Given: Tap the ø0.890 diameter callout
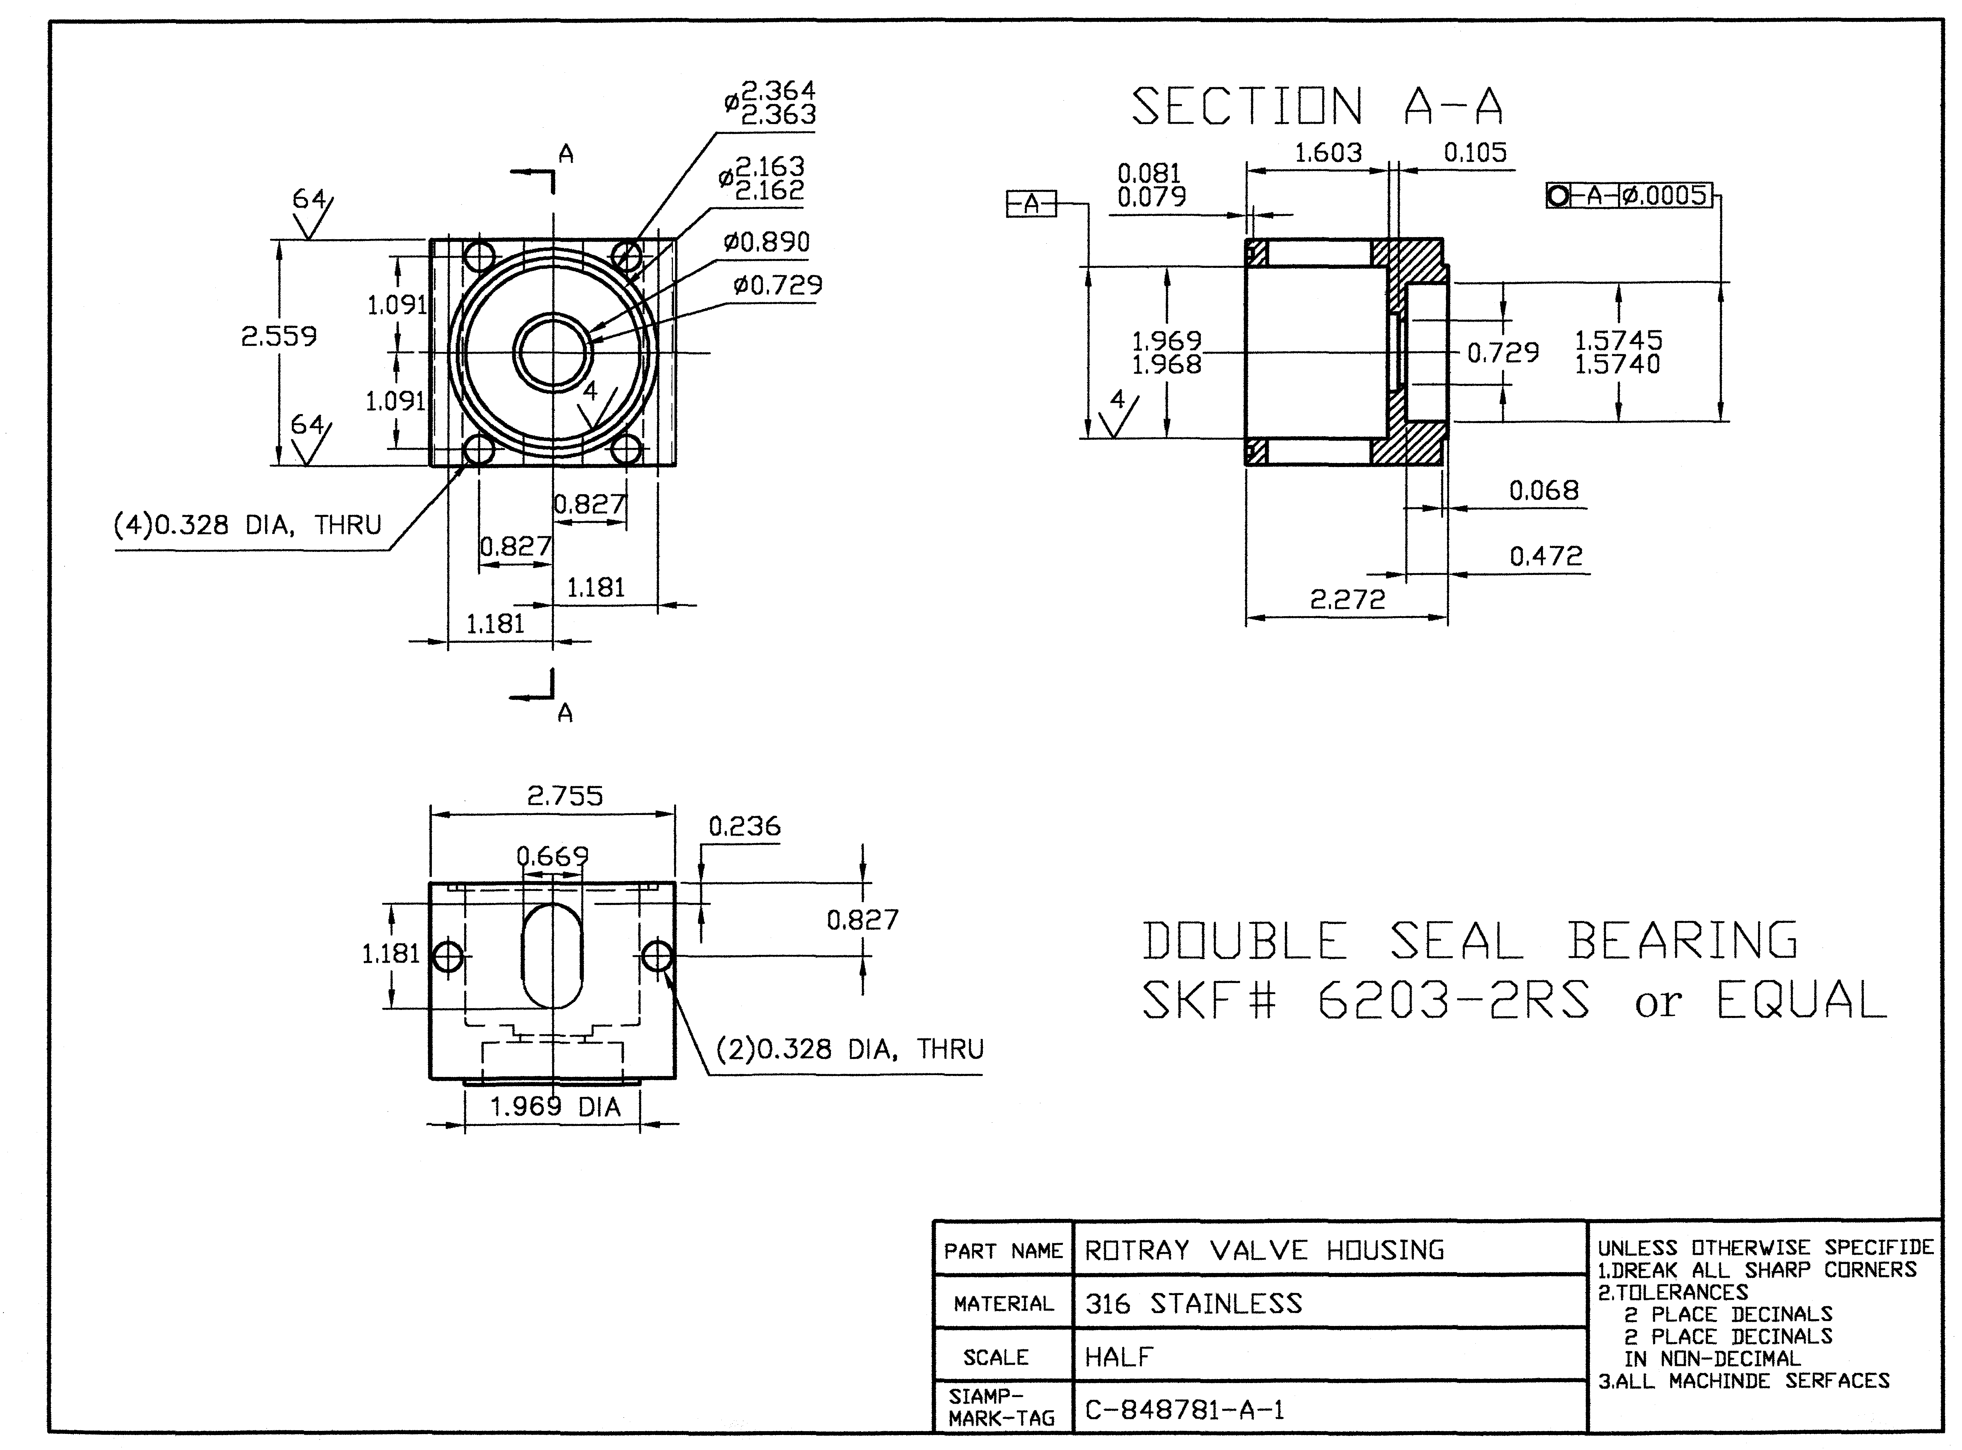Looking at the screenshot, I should click(x=766, y=242).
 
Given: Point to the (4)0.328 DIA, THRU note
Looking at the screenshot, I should click(x=249, y=525).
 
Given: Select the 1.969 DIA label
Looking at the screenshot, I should click(x=555, y=1107).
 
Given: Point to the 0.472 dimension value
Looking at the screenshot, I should click(x=1546, y=555).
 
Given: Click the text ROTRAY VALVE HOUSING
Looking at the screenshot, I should click(x=1264, y=1250).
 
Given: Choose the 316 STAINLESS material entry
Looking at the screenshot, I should click(x=1194, y=1304).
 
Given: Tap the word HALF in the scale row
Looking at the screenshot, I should click(x=1118, y=1357).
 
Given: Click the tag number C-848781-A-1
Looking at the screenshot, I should click(x=1185, y=1410).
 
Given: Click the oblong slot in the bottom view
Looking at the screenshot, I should click(x=552, y=955).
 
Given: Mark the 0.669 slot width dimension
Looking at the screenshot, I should click(x=552, y=855).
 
